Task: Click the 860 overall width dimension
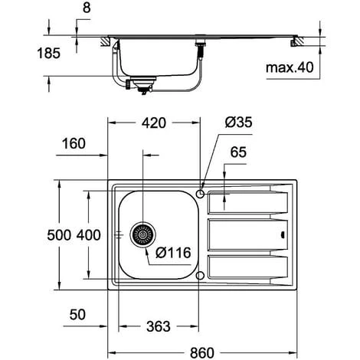pos(201,353)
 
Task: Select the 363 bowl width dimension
pos(159,326)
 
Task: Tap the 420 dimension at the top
pos(154,123)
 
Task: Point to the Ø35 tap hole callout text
pos(239,122)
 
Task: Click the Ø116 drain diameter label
pos(173,253)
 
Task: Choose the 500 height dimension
pos(59,235)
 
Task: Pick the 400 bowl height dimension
pos(89,235)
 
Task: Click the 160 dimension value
pos(74,143)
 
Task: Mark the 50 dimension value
pos(77,315)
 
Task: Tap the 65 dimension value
pos(238,152)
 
